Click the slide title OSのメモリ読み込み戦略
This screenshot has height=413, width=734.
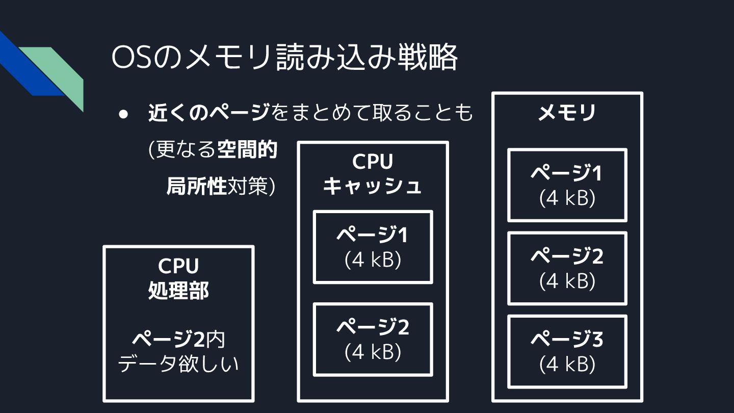coord(284,58)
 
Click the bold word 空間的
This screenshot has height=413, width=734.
coord(247,150)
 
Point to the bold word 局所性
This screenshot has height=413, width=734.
coord(196,187)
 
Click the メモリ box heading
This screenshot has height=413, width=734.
coord(567,113)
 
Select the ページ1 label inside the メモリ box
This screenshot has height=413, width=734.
coord(567,174)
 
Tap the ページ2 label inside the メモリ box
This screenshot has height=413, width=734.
coord(567,256)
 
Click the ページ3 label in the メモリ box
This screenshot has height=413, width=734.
coord(567,340)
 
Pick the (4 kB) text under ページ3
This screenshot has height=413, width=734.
coord(567,364)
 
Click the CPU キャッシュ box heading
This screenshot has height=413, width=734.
coord(373,174)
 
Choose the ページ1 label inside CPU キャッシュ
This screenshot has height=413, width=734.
coord(373,235)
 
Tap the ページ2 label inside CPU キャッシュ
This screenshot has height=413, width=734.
coord(373,328)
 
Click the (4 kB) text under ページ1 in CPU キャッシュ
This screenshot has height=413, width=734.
coord(373,260)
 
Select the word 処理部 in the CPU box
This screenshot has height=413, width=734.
coord(178,291)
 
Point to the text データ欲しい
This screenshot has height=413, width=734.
coord(178,364)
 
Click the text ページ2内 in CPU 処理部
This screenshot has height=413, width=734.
coord(178,339)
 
